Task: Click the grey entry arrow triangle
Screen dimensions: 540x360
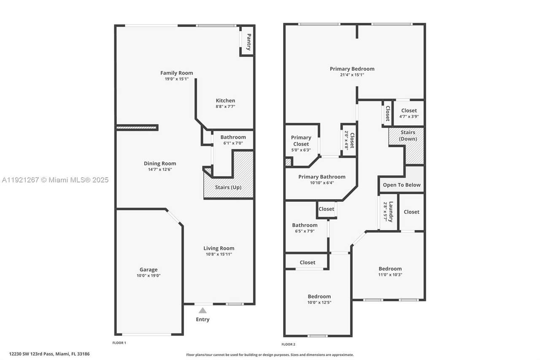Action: coord(202,310)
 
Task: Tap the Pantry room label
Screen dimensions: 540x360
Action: coord(249,42)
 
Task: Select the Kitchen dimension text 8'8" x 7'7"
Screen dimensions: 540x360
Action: coord(225,107)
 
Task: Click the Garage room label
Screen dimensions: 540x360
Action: coord(148,270)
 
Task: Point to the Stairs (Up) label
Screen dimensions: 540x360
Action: coord(228,187)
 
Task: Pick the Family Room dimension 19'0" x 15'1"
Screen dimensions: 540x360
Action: coord(177,79)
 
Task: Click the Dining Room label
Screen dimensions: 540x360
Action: coord(160,163)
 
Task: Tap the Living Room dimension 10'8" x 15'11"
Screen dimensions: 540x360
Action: coord(219,254)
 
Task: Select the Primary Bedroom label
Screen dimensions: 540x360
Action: coord(352,69)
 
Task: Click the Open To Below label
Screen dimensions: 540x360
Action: coord(402,185)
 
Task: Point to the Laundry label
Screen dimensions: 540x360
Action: coord(391,212)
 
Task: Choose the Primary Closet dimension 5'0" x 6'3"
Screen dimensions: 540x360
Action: coord(301,150)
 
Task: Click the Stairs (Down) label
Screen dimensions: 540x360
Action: coord(408,135)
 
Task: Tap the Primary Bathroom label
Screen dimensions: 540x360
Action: coord(322,177)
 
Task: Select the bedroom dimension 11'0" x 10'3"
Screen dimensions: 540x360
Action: coord(390,275)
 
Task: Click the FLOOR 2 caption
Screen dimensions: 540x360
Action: coord(288,344)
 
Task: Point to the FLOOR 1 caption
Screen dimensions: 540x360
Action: coord(119,343)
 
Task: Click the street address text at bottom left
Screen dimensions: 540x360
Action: coord(49,354)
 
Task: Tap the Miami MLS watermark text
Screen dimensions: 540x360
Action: coord(55,180)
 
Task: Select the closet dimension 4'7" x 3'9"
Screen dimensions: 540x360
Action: coord(409,116)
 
